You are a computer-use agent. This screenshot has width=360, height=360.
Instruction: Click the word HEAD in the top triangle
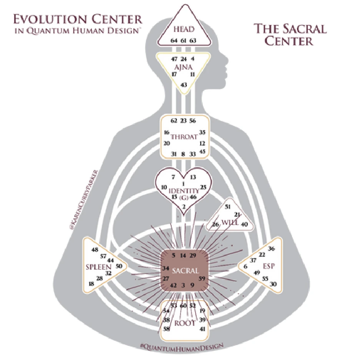[183, 30]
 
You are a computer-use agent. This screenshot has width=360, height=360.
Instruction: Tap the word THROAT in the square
[184, 137]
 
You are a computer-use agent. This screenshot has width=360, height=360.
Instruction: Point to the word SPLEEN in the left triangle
[98, 266]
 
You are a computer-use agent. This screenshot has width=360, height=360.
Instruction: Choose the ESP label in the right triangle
[269, 266]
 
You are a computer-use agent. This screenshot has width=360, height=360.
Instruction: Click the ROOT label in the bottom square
[185, 322]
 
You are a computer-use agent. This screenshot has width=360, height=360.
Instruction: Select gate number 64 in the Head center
[174, 40]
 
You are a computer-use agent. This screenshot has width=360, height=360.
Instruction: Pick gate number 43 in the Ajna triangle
[184, 85]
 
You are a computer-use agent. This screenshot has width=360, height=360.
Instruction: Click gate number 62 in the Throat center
[174, 121]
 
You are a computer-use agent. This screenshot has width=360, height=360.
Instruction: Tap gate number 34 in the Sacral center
[166, 268]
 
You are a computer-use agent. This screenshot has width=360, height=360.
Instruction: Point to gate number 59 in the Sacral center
[202, 278]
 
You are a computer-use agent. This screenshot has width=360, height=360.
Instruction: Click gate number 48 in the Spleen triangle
[95, 250]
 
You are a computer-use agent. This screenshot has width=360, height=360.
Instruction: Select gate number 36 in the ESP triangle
[272, 249]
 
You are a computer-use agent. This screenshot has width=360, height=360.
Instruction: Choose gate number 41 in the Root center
[202, 329]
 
